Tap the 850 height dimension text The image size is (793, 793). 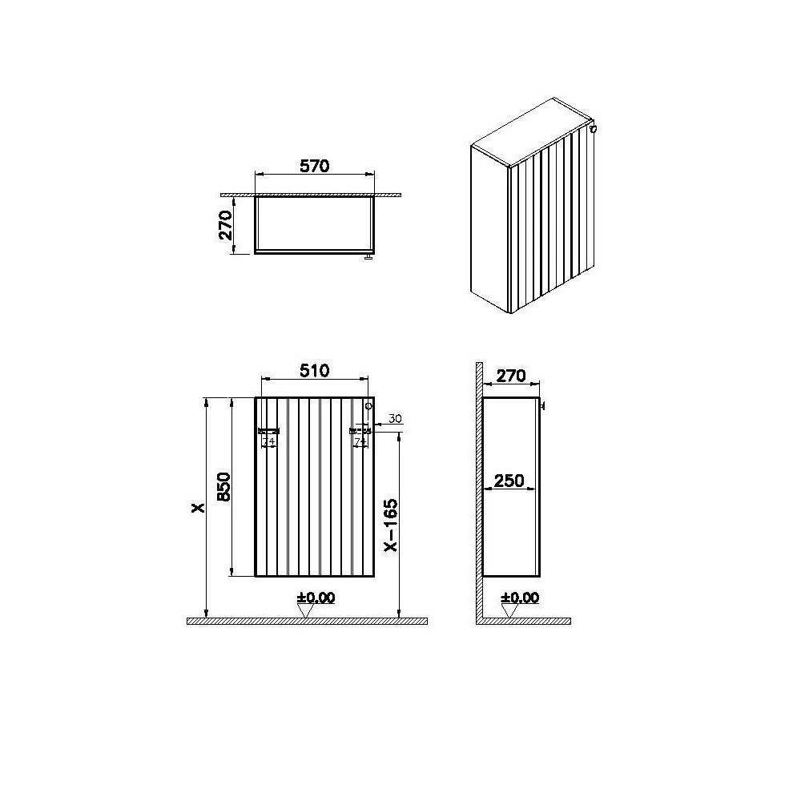223,486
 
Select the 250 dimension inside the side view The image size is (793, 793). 509,480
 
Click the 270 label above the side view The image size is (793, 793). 511,374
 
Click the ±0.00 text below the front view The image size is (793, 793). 316,597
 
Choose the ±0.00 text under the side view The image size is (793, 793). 520,597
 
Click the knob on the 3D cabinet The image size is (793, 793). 593,127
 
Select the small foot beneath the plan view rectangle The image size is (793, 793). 368,257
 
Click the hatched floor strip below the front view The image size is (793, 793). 306,621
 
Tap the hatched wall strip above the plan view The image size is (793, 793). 312,193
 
